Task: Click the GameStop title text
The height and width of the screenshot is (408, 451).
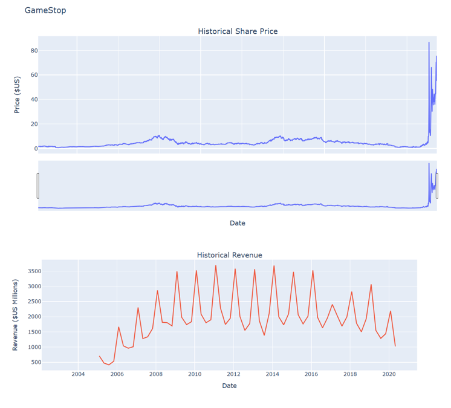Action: (45, 10)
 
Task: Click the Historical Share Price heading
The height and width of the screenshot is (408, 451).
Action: (238, 31)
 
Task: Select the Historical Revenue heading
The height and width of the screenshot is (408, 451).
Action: (230, 255)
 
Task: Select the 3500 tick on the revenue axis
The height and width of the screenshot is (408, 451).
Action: (32, 271)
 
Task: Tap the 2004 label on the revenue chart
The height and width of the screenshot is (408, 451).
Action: (78, 374)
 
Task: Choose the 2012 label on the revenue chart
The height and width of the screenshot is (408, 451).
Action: (233, 374)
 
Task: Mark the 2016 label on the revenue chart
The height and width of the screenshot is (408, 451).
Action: (311, 374)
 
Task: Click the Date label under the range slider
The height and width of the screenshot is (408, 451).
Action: (238, 223)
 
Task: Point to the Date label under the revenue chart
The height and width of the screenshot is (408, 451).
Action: (230, 385)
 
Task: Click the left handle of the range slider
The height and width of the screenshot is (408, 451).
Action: (38, 186)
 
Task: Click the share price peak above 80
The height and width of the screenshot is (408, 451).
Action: (429, 43)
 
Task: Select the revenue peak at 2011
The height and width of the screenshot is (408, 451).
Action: (216, 265)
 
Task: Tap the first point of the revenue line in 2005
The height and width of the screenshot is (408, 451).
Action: (99, 356)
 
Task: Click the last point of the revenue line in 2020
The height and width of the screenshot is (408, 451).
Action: (395, 346)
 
